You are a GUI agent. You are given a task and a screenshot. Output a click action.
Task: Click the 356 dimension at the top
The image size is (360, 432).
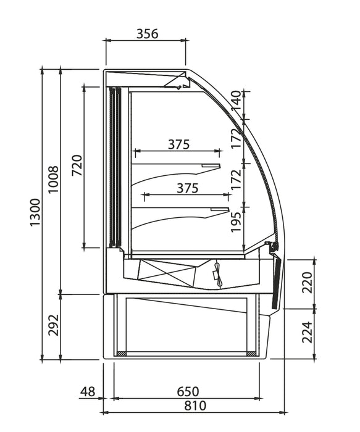(x=147, y=34)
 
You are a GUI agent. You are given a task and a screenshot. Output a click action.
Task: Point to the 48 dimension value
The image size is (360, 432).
(x=88, y=391)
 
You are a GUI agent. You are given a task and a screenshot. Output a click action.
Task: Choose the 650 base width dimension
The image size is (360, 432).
(x=188, y=391)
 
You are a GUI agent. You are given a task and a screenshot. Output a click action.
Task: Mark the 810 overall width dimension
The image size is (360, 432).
(x=195, y=405)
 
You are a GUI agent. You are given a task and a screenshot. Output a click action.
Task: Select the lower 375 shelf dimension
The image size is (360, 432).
(x=187, y=189)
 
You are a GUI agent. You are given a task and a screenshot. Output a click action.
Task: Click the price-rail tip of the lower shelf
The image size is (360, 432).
(x=219, y=210)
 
